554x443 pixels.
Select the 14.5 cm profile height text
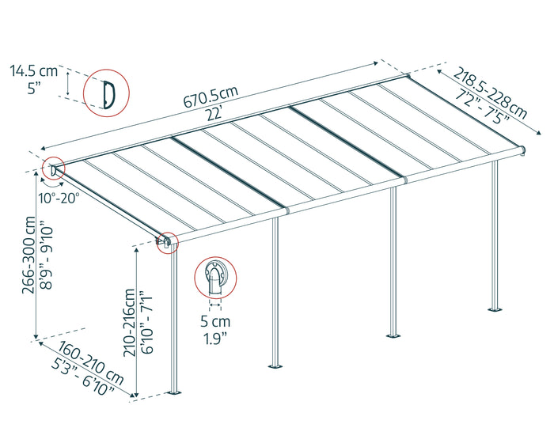click(33, 71)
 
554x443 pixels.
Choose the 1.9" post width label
click(215, 339)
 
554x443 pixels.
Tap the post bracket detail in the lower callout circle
click(215, 278)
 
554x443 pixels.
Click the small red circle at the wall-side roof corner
click(54, 169)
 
